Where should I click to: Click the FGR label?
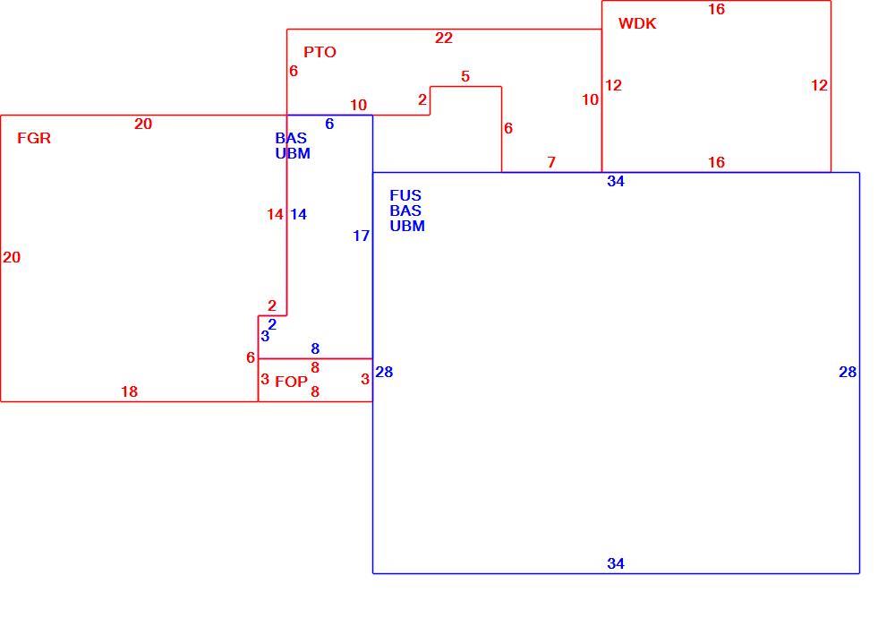(x=34, y=138)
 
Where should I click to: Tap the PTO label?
(x=320, y=52)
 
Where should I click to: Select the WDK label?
(x=637, y=23)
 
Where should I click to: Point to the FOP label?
(x=291, y=382)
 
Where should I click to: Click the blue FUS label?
(x=405, y=195)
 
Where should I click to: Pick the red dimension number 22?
(x=444, y=38)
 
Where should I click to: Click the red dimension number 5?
(x=465, y=76)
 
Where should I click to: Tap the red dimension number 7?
(x=550, y=162)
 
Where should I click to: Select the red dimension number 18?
(x=129, y=391)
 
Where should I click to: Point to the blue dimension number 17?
(x=361, y=236)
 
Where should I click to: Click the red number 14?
(x=275, y=214)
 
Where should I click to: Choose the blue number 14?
(x=298, y=214)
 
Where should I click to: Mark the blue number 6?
(x=329, y=124)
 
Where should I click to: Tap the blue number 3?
(x=265, y=337)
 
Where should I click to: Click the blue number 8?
(x=315, y=348)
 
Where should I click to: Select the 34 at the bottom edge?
(x=616, y=563)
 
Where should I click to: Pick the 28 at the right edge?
(x=848, y=373)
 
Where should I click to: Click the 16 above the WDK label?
(x=716, y=9)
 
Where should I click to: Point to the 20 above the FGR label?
(x=142, y=124)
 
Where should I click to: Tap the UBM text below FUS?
(x=407, y=226)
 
